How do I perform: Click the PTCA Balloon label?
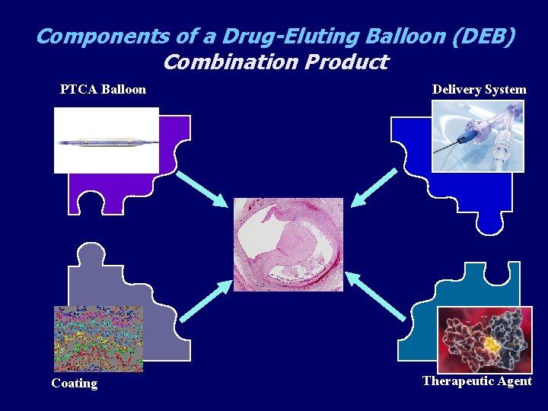point(103,90)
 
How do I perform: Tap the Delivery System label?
point(479,90)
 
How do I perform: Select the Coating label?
point(74,384)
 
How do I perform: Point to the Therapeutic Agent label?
point(476,381)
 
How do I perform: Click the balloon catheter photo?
point(106,141)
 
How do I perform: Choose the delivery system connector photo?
point(478,136)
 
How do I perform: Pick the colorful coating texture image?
point(98,339)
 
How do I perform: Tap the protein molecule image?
point(484,339)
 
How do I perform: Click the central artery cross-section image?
point(288,244)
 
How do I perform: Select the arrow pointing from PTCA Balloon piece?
point(202,188)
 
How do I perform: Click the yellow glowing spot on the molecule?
point(492,345)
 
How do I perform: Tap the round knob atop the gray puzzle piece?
point(91,253)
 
